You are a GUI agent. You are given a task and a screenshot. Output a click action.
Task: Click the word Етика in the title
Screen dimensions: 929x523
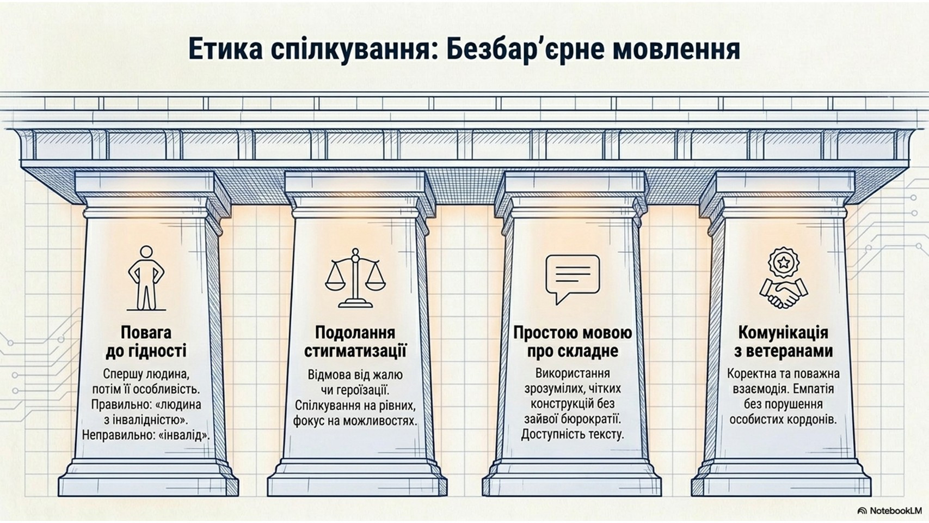(x=226, y=50)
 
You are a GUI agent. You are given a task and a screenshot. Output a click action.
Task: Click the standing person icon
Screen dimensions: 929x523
(x=146, y=278)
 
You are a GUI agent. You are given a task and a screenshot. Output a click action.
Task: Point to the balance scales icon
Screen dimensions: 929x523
(x=355, y=278)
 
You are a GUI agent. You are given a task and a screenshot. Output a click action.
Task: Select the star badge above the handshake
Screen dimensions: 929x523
(x=784, y=262)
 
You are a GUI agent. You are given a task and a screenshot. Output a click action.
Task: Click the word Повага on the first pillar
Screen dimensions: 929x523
(x=146, y=332)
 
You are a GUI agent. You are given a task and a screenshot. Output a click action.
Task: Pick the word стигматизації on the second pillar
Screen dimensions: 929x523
(x=355, y=351)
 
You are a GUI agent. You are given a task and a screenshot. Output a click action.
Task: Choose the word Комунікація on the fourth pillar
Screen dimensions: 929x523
(x=784, y=332)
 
